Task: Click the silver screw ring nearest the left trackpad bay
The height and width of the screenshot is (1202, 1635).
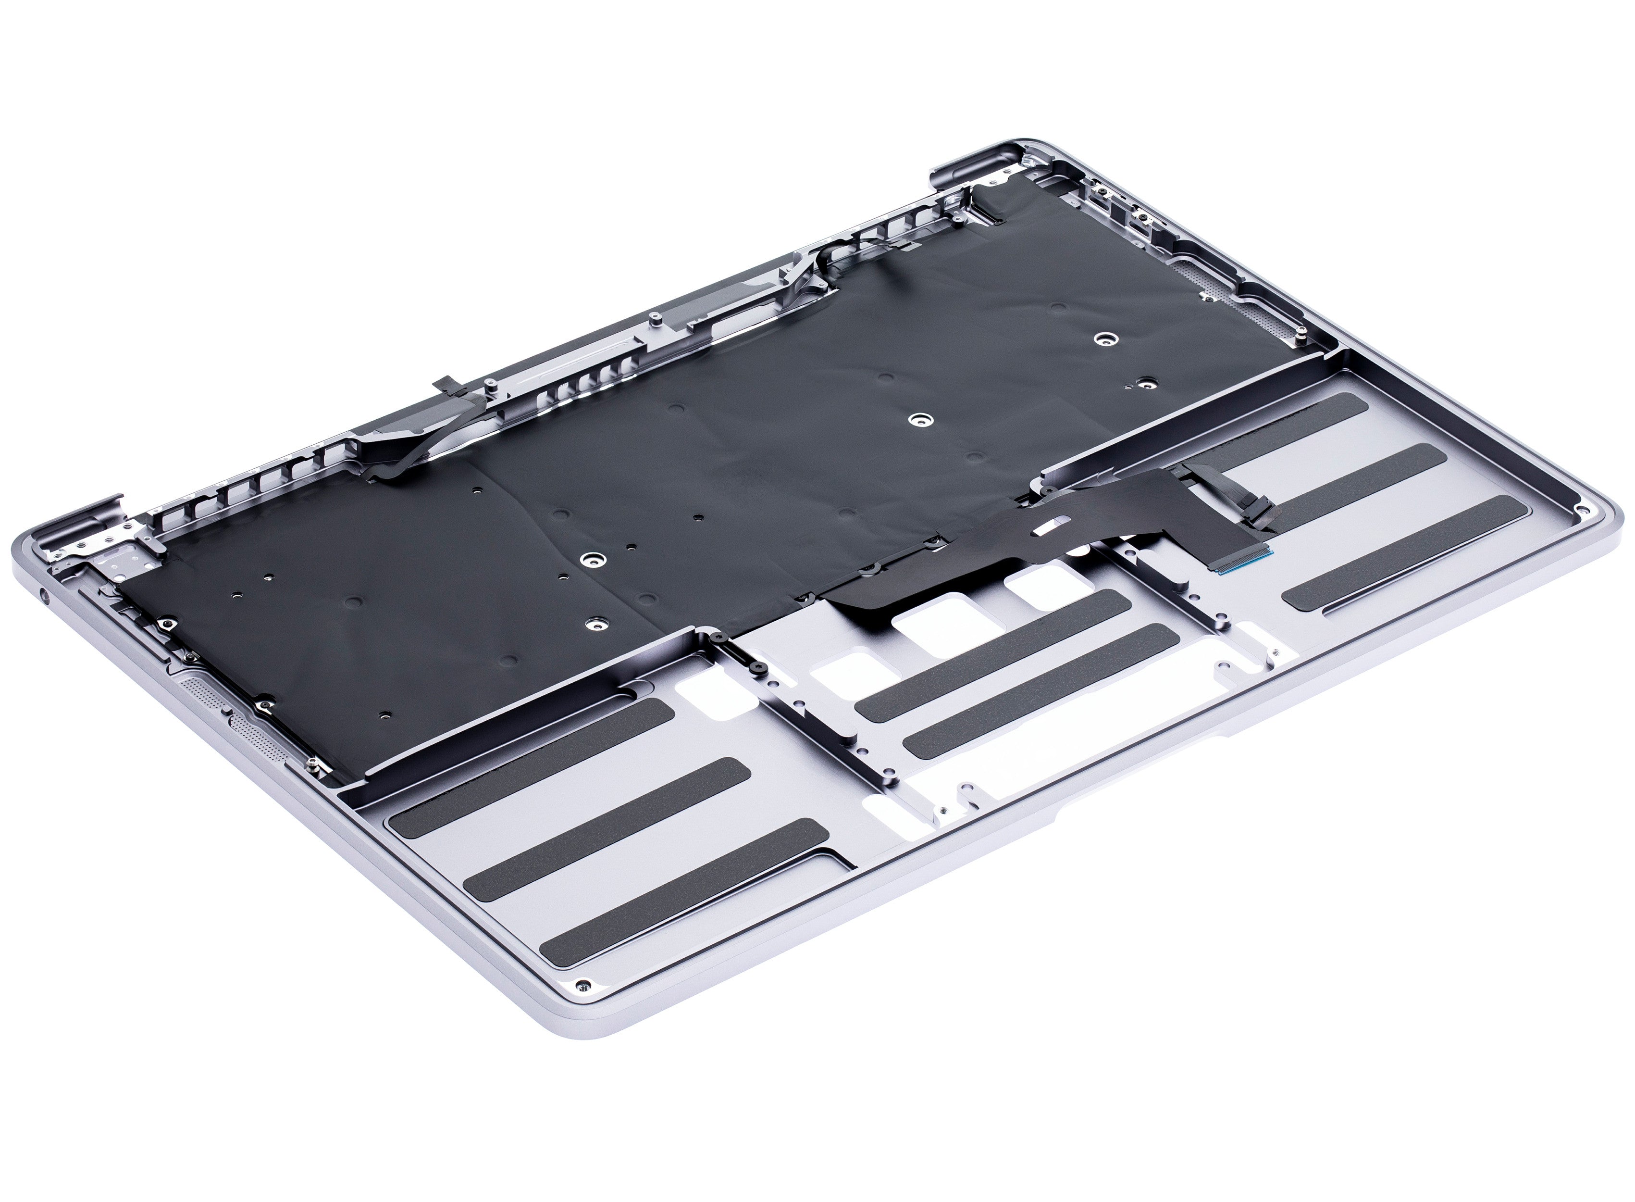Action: click(595, 624)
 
